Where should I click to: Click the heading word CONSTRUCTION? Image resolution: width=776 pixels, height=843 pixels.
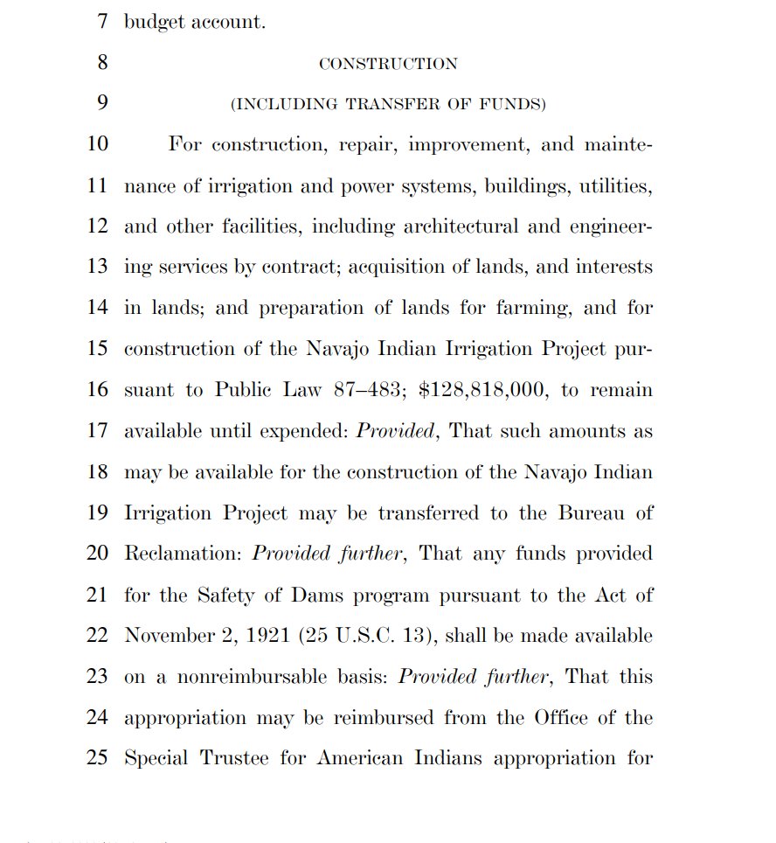tap(388, 64)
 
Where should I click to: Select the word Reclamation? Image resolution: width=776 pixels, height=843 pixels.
tap(183, 554)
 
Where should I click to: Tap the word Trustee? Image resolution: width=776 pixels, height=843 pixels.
tap(233, 758)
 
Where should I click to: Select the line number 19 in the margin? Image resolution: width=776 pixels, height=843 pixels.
tap(97, 513)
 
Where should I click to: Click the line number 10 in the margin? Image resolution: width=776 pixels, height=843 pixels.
tap(97, 144)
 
